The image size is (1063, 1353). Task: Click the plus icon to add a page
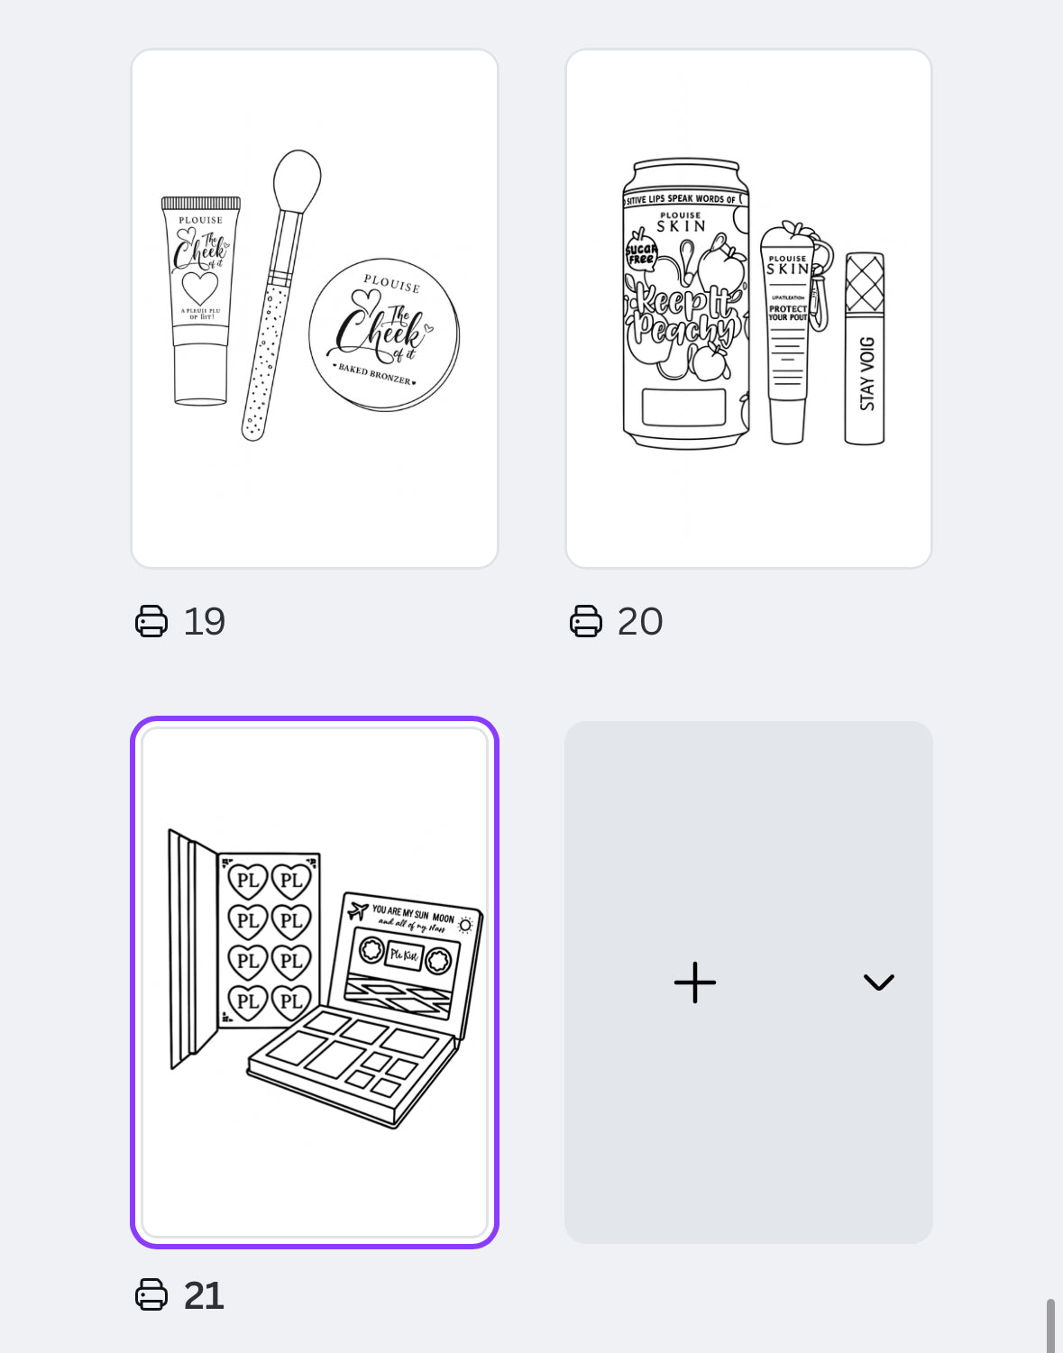pos(694,983)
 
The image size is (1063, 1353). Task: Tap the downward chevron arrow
pos(878,983)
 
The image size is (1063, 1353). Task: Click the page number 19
pos(204,622)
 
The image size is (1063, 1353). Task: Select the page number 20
pos(639,622)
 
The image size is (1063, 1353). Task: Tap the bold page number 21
pos(204,1296)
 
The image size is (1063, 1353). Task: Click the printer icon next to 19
pos(151,622)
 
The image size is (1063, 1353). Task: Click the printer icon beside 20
pos(586,622)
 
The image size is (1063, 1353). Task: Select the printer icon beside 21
pos(151,1296)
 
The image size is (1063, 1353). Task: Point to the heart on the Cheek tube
pos(200,288)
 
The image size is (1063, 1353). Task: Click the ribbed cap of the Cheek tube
pos(200,204)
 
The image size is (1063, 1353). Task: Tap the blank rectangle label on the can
pos(683,407)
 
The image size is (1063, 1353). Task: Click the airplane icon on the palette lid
pos(358,910)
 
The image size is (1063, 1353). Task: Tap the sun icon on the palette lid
pos(465,925)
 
